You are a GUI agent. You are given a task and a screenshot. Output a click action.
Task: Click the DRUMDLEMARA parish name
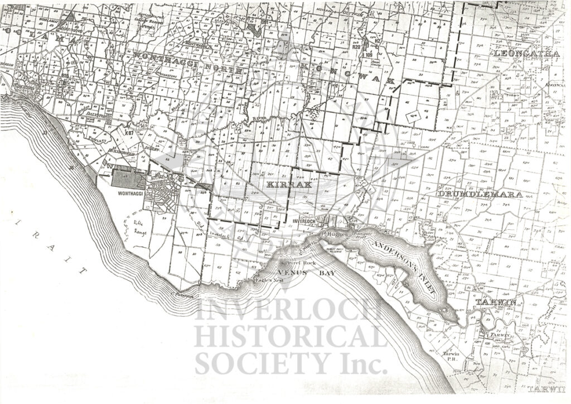480,194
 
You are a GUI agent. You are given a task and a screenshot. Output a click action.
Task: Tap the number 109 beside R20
369,55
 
